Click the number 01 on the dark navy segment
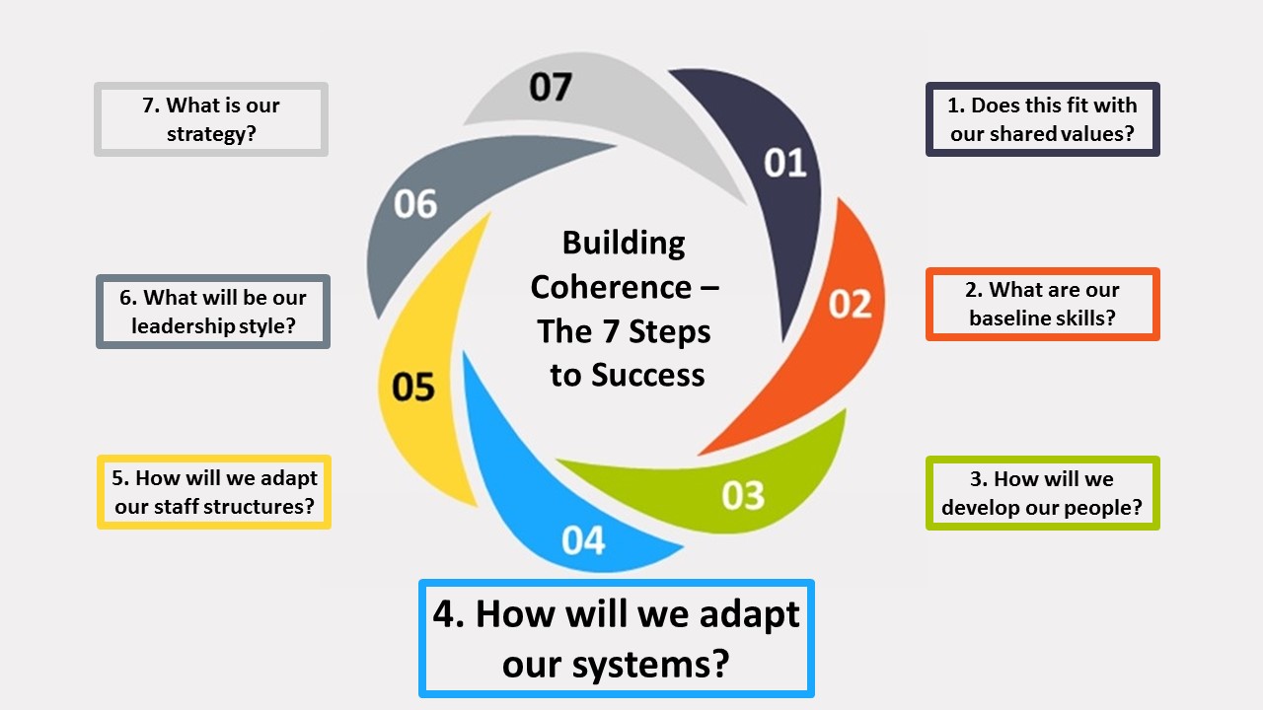point(785,163)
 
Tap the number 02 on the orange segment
point(850,304)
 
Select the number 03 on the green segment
point(743,494)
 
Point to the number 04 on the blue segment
point(583,540)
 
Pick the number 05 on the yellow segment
point(413,387)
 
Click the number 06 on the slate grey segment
point(415,204)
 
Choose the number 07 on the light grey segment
point(550,88)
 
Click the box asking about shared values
point(1043,119)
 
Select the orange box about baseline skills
point(1043,304)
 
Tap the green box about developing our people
point(1043,493)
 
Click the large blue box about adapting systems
point(617,638)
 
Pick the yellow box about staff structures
point(214,492)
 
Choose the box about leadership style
point(213,312)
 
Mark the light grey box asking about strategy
point(211,119)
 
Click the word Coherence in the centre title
point(612,287)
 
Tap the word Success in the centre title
point(648,375)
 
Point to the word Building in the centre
point(624,243)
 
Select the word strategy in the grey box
point(211,133)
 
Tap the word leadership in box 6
point(183,325)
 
